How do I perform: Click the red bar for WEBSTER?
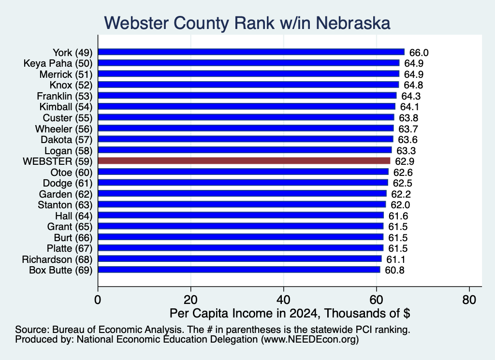click(244, 161)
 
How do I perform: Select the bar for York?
click(251, 52)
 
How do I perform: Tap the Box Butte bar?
click(239, 270)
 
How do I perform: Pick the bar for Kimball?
click(247, 107)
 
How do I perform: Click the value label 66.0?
click(419, 53)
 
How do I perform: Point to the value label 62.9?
click(405, 161)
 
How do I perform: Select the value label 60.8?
click(394, 271)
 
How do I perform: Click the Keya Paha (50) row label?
click(58, 63)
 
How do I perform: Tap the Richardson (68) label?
click(57, 259)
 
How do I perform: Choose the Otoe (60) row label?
click(72, 173)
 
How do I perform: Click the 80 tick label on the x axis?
click(469, 300)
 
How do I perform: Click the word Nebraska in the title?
click(353, 23)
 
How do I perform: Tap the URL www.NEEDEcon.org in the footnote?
click(310, 340)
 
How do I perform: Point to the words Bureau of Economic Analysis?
click(117, 330)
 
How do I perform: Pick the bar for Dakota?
click(246, 139)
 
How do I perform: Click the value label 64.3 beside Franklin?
click(411, 96)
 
